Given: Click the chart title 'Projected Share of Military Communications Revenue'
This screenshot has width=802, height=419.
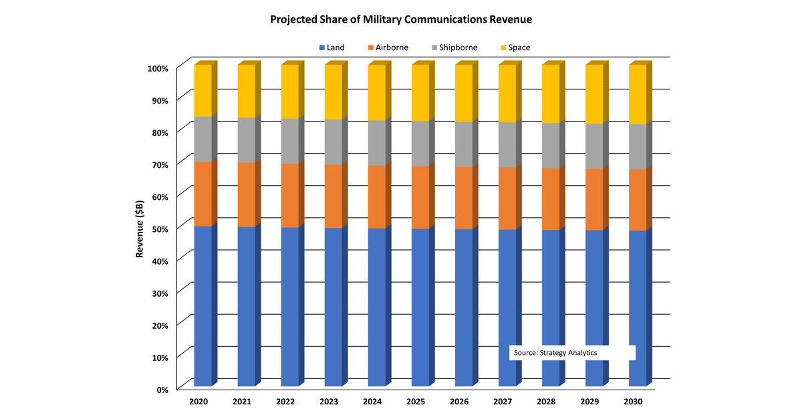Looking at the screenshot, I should pos(401,19).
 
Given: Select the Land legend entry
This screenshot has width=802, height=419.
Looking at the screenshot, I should pos(331,47).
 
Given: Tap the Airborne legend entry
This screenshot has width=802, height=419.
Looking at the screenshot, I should pos(388,47).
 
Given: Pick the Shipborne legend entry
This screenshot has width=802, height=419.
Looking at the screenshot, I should pos(453,47).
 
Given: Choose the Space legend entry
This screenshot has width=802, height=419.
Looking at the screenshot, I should pos(515,47).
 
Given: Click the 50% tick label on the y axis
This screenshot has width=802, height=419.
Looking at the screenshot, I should pos(158,228).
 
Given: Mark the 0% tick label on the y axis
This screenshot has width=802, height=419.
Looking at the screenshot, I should pos(162,389).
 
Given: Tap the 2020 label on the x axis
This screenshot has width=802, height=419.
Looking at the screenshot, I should pos(198,402).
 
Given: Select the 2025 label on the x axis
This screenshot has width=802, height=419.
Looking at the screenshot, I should pos(416,402).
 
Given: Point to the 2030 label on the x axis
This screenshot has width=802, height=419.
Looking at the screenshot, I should pos(633,402).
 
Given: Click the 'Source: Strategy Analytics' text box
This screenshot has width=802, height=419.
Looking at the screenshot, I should pos(572,352).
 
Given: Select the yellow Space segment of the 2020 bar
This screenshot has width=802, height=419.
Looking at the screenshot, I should pos(203,90).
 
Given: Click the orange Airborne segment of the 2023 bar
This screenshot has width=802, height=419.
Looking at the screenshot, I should pos(333,196).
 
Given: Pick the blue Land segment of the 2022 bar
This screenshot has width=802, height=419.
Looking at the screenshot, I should pos(289,307).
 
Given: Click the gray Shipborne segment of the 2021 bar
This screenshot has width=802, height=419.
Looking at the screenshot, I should pos(246,140).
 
